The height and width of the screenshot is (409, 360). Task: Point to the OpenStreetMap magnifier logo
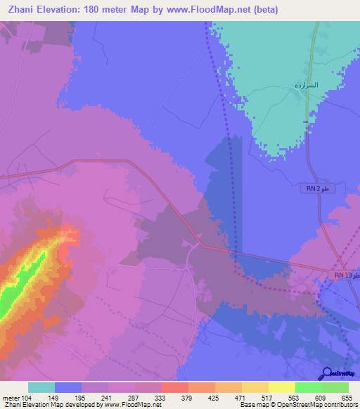328,374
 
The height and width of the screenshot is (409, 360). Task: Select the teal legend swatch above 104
41,387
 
